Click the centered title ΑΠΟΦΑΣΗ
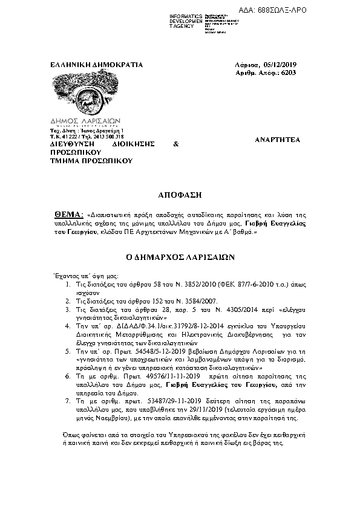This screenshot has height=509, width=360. pos(180,196)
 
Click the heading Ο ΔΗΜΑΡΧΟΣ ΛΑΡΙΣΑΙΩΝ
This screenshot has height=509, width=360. pos(180,257)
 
